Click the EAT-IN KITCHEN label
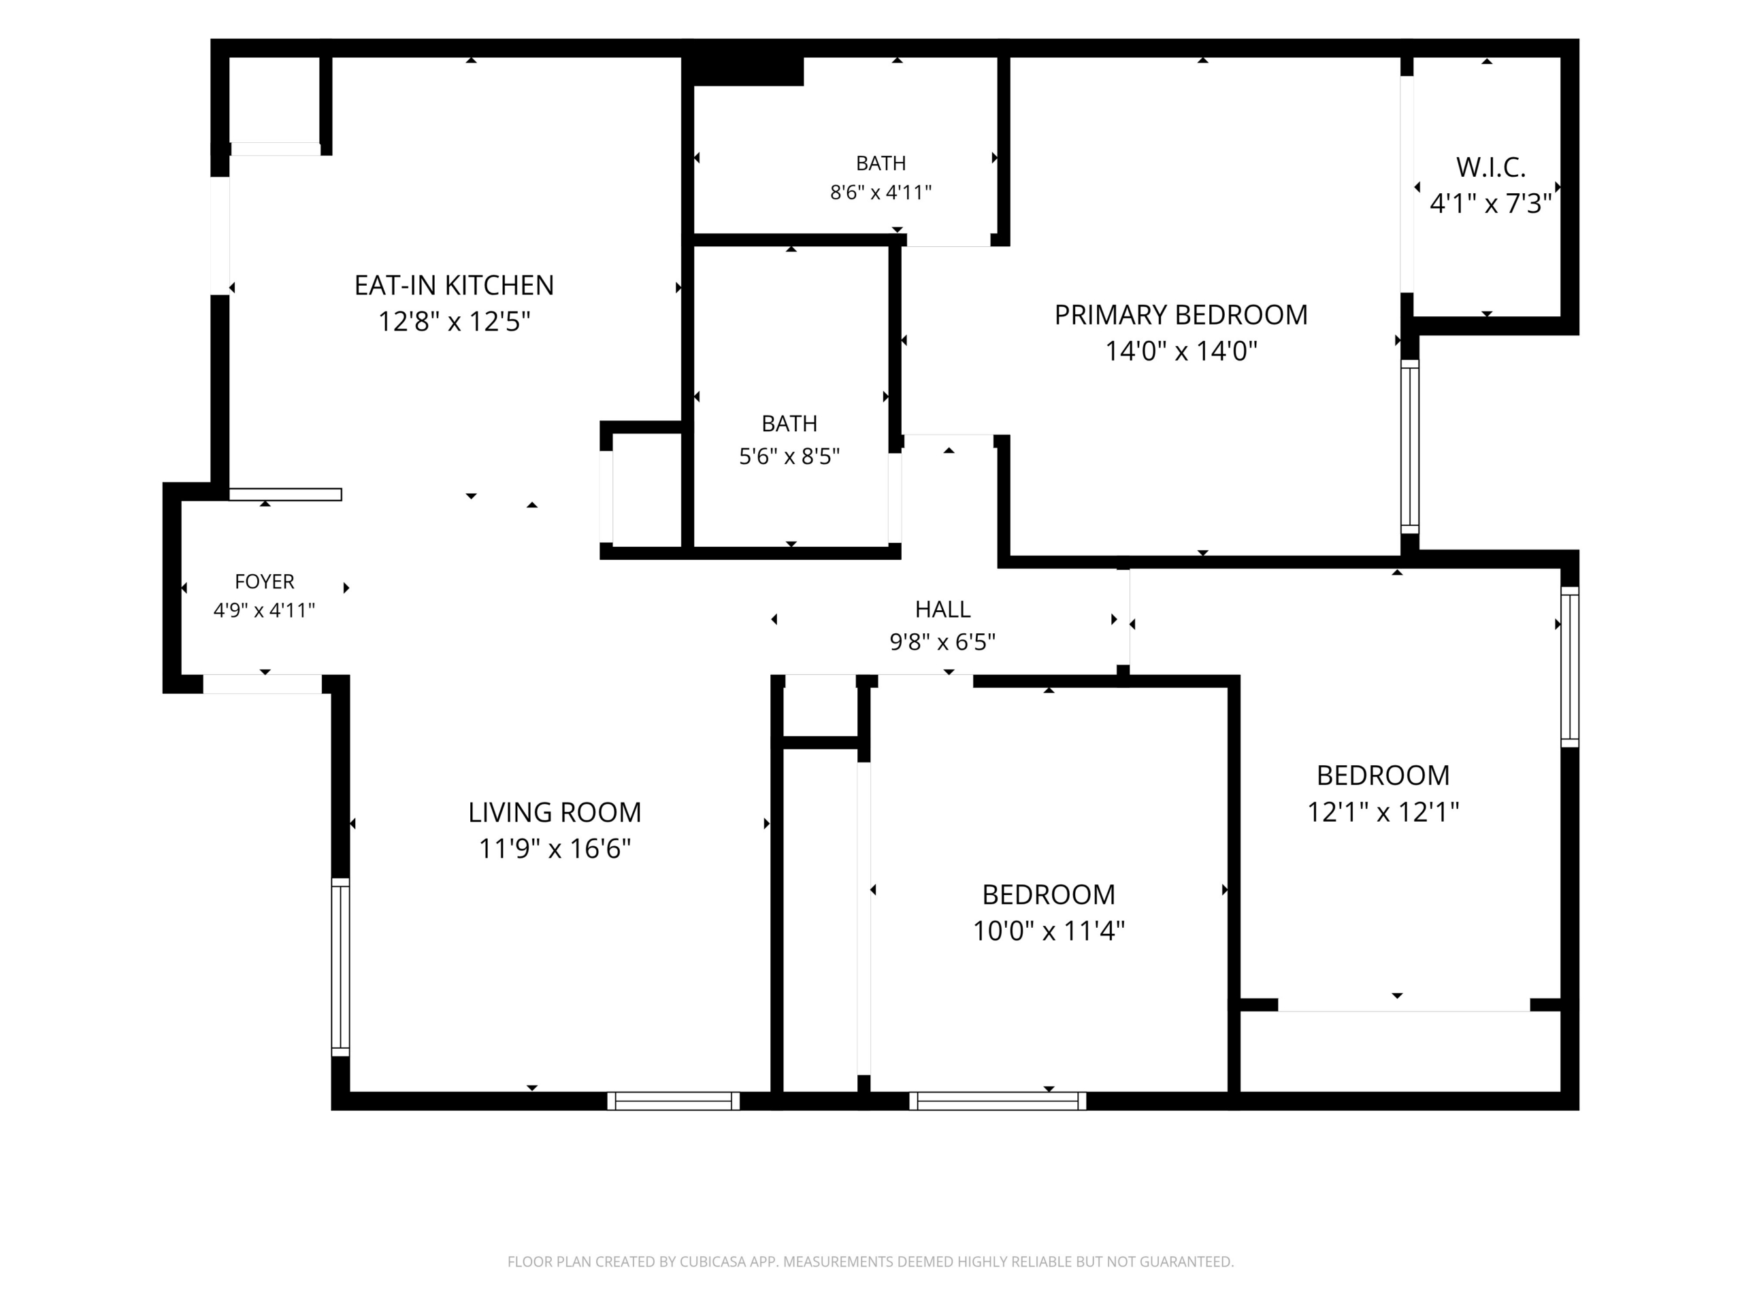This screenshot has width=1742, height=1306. pyautogui.click(x=455, y=285)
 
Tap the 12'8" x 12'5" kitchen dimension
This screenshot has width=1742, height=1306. pyautogui.click(x=455, y=321)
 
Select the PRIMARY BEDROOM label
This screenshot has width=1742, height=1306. pyautogui.click(x=1181, y=315)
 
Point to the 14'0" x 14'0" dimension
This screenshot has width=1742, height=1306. pyautogui.click(x=1181, y=351)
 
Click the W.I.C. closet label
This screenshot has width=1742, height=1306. pyautogui.click(x=1490, y=168)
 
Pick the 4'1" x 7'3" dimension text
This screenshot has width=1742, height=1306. pyautogui.click(x=1490, y=204)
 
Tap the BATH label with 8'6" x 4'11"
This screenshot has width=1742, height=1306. pyautogui.click(x=881, y=163)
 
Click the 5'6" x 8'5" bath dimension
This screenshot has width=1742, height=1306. pyautogui.click(x=789, y=456)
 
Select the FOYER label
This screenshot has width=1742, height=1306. pyautogui.click(x=265, y=582)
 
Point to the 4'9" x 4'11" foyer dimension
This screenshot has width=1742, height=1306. pyautogui.click(x=265, y=610)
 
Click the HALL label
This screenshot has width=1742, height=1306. pyautogui.click(x=942, y=609)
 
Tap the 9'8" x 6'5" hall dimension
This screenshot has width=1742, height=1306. pyautogui.click(x=942, y=642)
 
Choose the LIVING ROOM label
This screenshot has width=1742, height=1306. pyautogui.click(x=555, y=812)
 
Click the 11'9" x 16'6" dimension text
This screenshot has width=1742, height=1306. pyautogui.click(x=555, y=849)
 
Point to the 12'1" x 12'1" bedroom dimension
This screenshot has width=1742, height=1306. pyautogui.click(x=1383, y=811)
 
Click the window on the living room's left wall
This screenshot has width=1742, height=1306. pyautogui.click(x=340, y=967)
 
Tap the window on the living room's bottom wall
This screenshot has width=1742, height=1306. pyautogui.click(x=674, y=1101)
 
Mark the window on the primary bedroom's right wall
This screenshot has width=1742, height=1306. pyautogui.click(x=1410, y=446)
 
